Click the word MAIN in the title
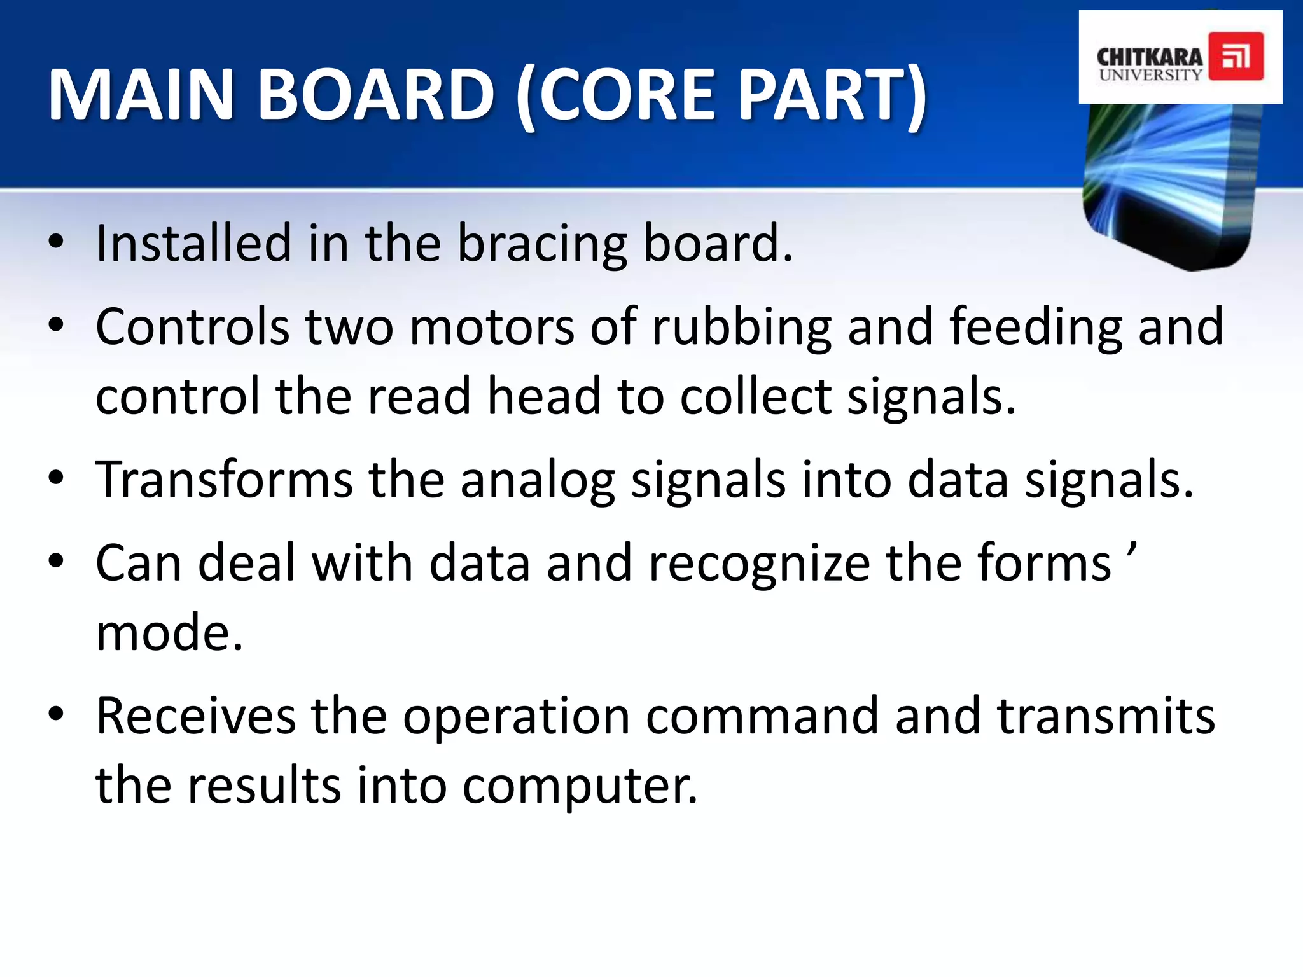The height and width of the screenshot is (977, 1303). coord(141,95)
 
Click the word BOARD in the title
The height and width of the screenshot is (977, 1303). coord(375,95)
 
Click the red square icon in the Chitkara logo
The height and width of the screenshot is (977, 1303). coord(1236,57)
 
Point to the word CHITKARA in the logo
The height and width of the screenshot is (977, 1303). coord(1149,57)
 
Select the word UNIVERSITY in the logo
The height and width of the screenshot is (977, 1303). coord(1150,75)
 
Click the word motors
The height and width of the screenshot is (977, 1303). coord(492,327)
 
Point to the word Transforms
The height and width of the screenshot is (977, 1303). coord(224,480)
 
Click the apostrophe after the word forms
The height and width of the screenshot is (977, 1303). coord(1131,549)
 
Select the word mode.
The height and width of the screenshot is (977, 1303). coord(169,633)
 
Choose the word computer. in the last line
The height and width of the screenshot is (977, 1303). coord(579,787)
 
